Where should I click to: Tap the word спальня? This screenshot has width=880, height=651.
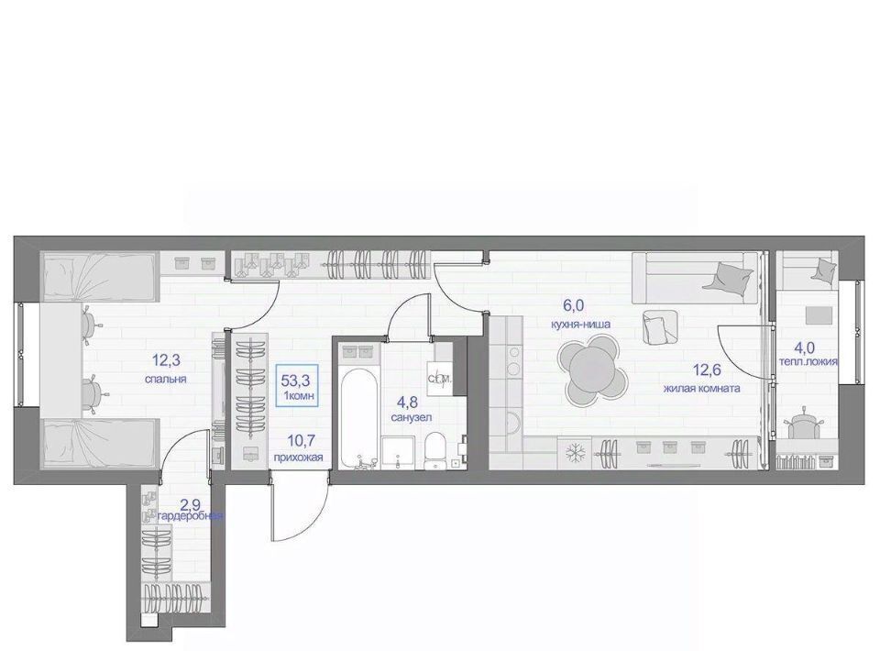pyautogui.click(x=166, y=380)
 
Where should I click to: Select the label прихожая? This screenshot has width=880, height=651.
pyautogui.click(x=298, y=458)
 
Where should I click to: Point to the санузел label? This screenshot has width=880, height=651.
pyautogui.click(x=412, y=417)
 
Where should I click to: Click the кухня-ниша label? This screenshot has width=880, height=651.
pyautogui.click(x=580, y=324)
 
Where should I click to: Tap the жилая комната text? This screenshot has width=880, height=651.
pyautogui.click(x=701, y=389)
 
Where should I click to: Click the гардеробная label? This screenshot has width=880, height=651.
pyautogui.click(x=191, y=515)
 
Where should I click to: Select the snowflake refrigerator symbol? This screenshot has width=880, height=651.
pyautogui.click(x=574, y=453)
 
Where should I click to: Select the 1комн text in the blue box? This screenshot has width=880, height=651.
pyautogui.click(x=299, y=396)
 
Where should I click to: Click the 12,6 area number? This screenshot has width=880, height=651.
pyautogui.click(x=707, y=370)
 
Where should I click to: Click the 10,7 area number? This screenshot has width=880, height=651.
pyautogui.click(x=299, y=439)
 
